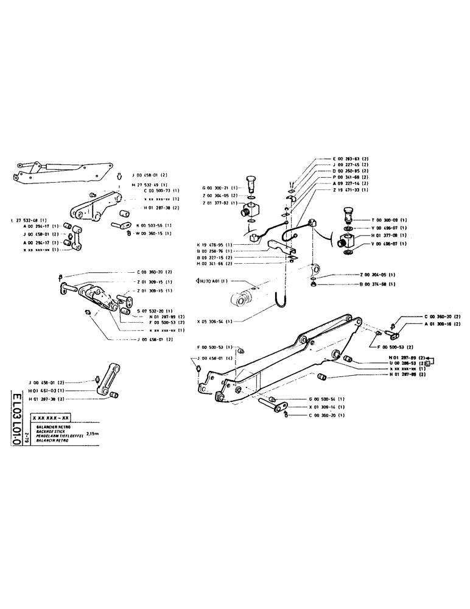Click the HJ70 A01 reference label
(212, 281)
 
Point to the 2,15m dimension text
(95, 434)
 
